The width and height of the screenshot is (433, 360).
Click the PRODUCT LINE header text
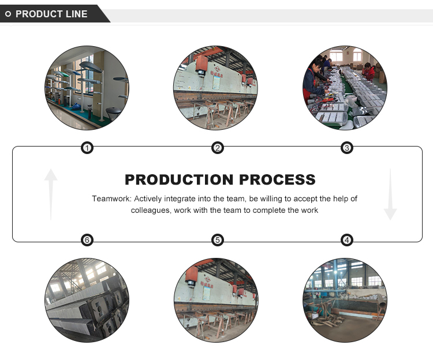[x=51, y=14]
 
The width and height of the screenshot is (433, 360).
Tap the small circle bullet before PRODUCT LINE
[x=8, y=14]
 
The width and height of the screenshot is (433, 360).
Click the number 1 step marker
[x=87, y=148]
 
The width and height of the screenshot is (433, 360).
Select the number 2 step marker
[x=217, y=148]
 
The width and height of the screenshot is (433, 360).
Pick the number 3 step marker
[x=346, y=148]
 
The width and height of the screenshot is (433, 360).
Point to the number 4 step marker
[x=346, y=240]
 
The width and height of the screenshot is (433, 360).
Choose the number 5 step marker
[x=217, y=240]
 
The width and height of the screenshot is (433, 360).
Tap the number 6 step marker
[x=87, y=240]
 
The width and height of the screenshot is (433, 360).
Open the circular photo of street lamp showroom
[x=87, y=88]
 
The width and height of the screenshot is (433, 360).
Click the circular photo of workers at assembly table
[x=345, y=88]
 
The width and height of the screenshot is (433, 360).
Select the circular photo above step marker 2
[x=216, y=88]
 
